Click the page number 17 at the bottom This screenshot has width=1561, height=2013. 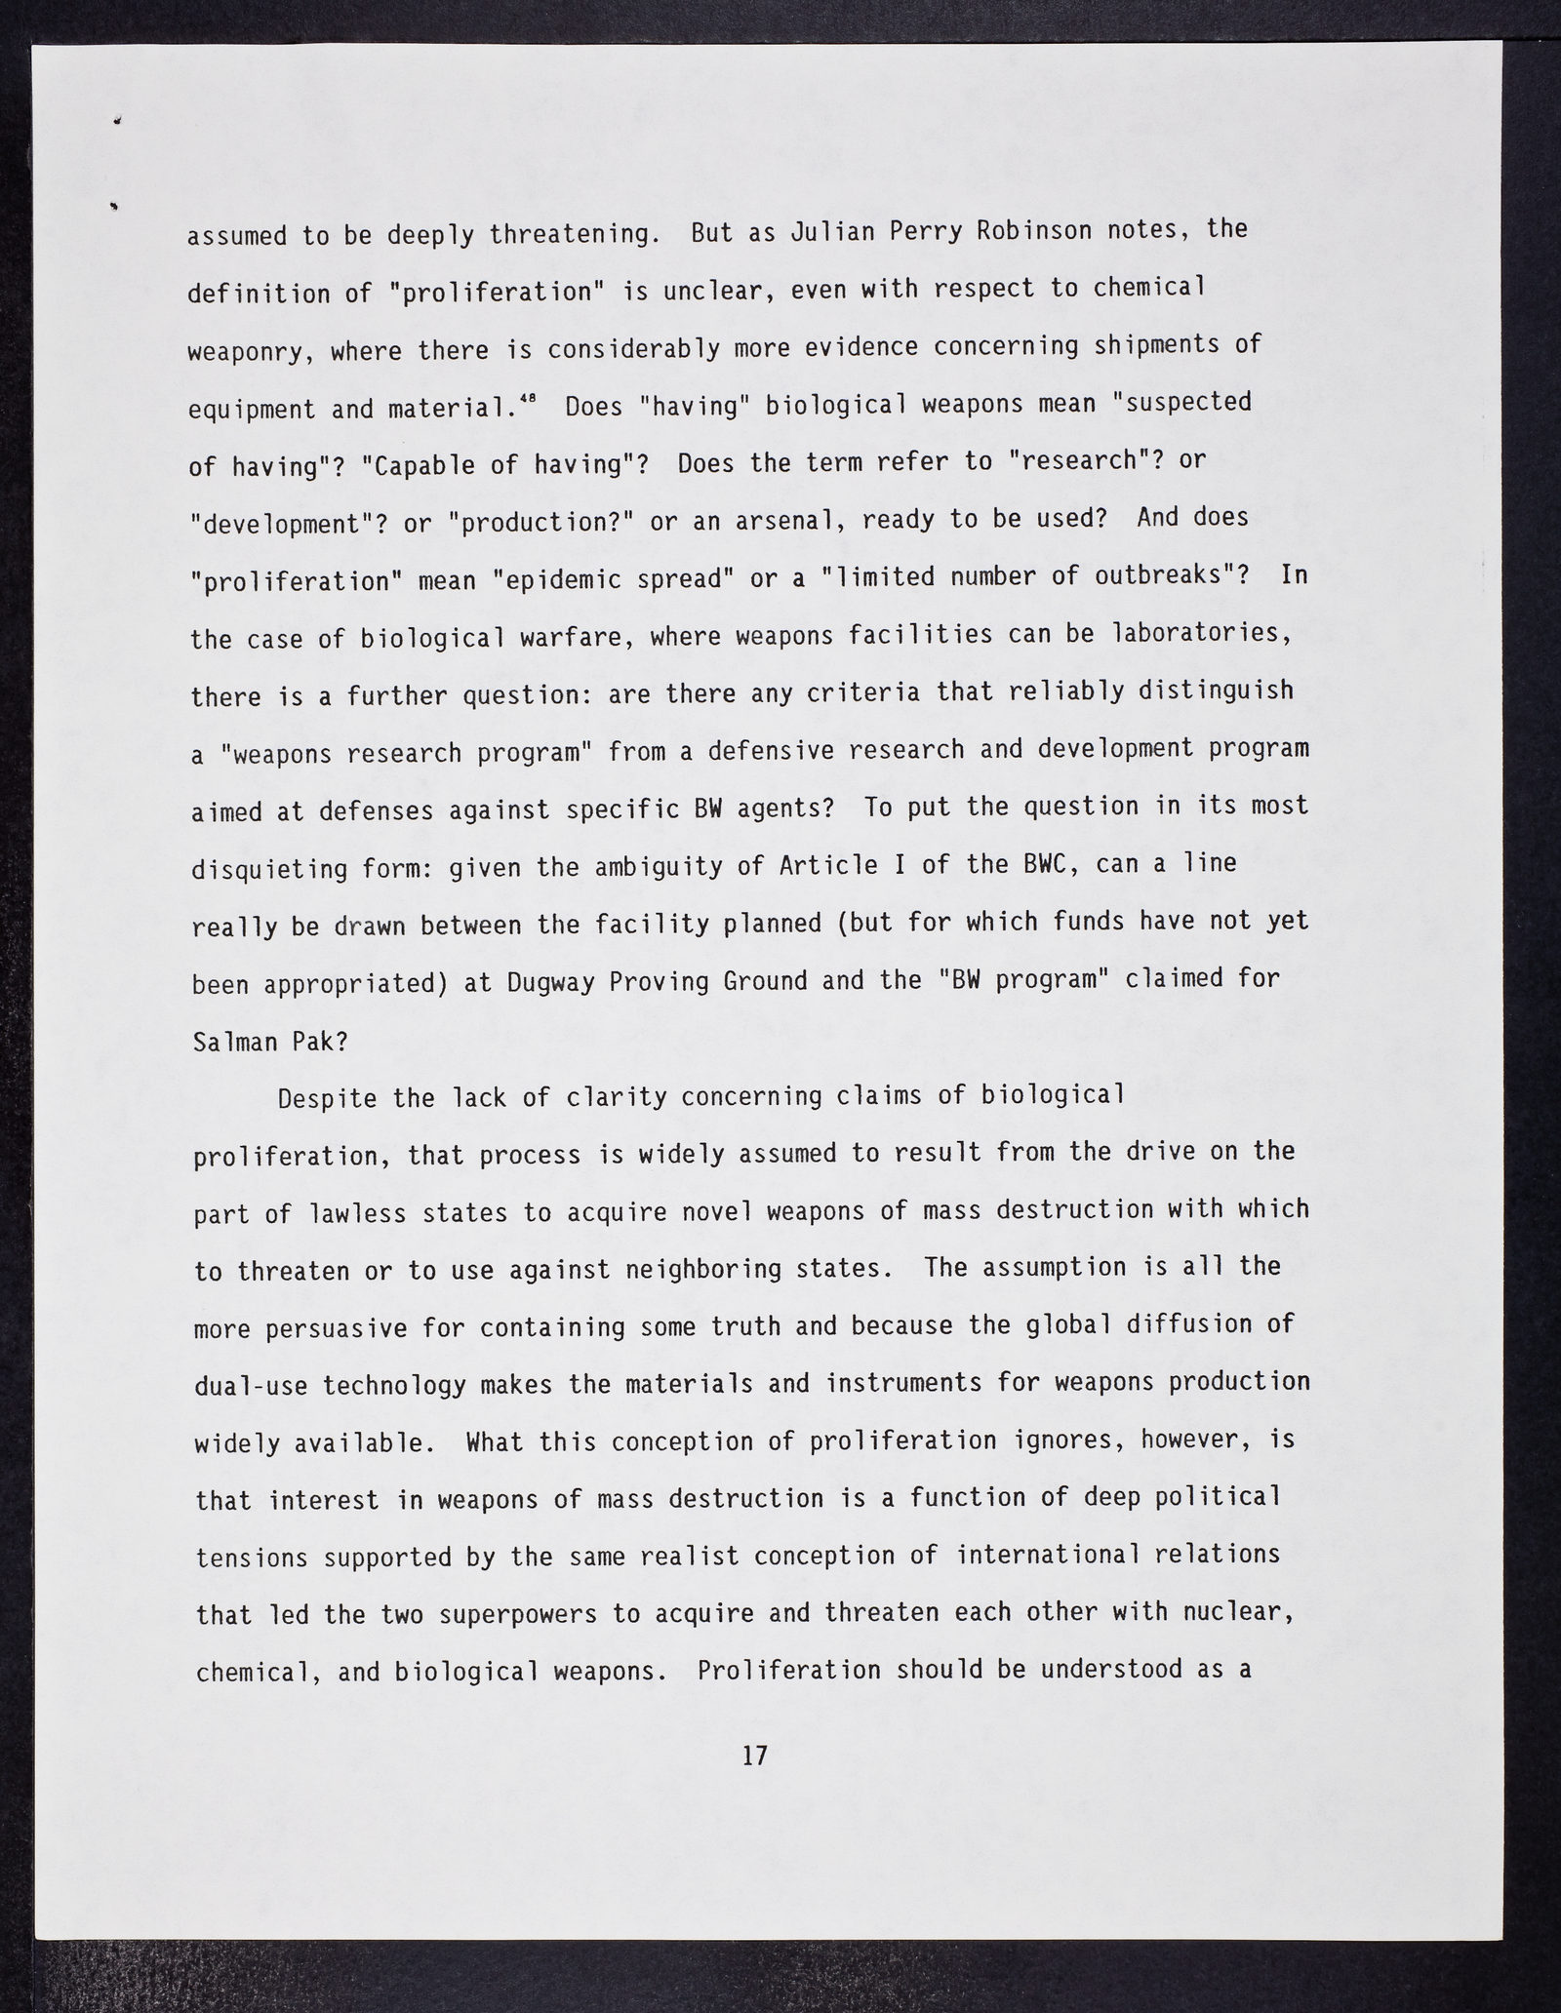pyautogui.click(x=755, y=1756)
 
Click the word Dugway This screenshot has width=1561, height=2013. pyautogui.click(x=550, y=982)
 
